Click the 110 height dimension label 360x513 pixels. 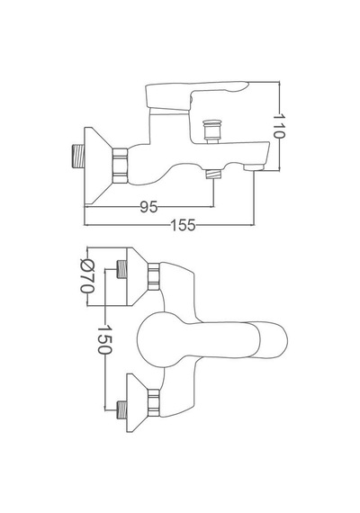[x=279, y=126]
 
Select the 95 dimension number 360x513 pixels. [x=148, y=207]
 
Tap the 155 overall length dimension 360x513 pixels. [x=183, y=225]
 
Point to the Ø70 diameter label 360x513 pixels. [x=87, y=275]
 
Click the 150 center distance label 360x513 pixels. [x=104, y=339]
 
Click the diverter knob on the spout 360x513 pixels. [x=211, y=131]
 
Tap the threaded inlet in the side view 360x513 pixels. [x=78, y=156]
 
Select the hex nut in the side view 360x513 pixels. [x=120, y=166]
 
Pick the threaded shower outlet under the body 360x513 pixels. [x=213, y=174]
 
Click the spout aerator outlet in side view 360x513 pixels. [x=254, y=167]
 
